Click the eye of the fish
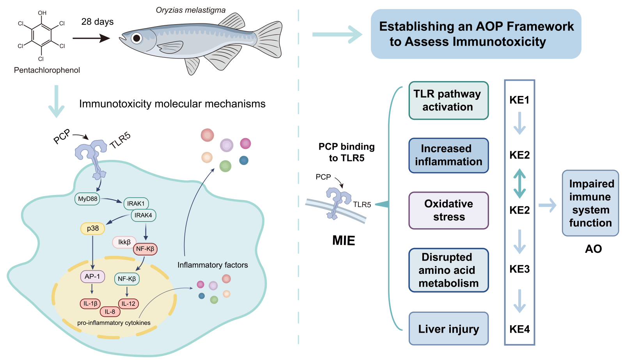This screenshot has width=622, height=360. click(x=136, y=38)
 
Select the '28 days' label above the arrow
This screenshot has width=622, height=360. click(x=97, y=22)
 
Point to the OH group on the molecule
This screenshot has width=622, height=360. click(x=42, y=13)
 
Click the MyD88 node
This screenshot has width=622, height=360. click(x=88, y=199)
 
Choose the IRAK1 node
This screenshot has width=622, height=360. click(x=136, y=204)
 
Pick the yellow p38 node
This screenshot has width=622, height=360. click(x=92, y=229)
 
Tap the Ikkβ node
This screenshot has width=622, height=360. click(x=124, y=242)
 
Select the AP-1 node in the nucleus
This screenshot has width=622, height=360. click(x=92, y=277)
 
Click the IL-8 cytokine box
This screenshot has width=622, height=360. click(x=110, y=312)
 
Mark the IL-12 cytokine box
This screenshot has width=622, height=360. click(x=128, y=303)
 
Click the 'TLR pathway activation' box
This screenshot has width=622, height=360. click(x=448, y=101)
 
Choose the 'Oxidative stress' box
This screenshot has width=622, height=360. click(x=448, y=210)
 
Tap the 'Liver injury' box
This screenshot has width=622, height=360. click(x=448, y=329)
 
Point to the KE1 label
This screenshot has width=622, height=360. click(x=519, y=100)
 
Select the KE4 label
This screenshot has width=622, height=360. click(x=519, y=329)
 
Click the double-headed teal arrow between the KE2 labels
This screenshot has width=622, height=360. click(x=519, y=183)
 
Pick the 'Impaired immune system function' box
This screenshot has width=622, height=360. click(x=590, y=203)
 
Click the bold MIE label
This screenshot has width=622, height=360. click(x=344, y=241)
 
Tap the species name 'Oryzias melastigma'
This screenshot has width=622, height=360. click(x=191, y=10)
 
